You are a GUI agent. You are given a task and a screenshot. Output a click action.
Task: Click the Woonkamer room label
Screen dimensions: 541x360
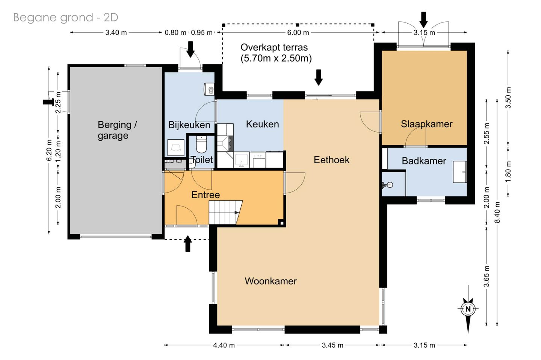(270, 281)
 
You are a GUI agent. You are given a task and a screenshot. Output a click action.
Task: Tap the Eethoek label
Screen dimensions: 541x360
(331, 160)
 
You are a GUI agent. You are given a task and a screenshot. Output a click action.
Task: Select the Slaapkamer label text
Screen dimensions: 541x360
(426, 124)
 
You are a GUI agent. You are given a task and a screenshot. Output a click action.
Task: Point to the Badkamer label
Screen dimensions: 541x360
(424, 161)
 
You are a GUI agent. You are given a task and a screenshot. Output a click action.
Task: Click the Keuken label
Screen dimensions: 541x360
(262, 124)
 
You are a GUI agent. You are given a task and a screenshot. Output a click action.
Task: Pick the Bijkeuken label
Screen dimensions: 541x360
(189, 125)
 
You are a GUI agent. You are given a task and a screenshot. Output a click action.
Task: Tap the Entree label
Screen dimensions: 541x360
(206, 195)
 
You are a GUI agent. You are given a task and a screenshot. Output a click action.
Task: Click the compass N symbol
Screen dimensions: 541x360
(468, 309)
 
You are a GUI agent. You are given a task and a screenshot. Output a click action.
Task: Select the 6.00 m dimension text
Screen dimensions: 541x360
(298, 32)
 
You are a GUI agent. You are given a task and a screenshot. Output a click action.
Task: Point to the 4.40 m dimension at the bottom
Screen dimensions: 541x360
(224, 345)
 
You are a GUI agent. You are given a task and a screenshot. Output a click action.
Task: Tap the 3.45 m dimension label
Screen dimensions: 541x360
(332, 345)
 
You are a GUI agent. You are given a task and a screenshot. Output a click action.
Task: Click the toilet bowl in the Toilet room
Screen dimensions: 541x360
(201, 144)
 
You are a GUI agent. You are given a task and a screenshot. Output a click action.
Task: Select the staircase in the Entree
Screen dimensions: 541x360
(225, 212)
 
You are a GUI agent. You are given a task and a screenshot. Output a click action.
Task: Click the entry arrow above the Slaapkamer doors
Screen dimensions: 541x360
(423, 20)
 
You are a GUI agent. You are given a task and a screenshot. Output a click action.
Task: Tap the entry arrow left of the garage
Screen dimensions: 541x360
(48, 102)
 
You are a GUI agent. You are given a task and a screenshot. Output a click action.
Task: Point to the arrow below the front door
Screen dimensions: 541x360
(188, 244)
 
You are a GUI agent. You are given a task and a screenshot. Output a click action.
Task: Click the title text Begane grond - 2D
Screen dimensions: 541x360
(65, 18)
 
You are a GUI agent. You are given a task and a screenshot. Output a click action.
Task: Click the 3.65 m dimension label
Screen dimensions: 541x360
(487, 276)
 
